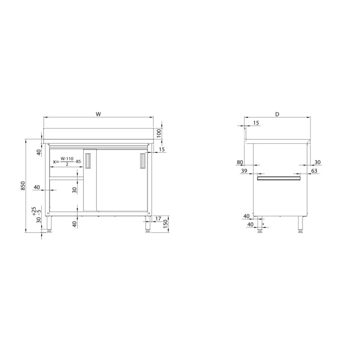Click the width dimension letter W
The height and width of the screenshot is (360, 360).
click(98, 114)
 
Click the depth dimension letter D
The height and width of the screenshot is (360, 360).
click(277, 114)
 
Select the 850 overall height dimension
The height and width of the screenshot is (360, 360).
click(23, 186)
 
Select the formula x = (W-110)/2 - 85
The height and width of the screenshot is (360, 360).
click(67, 162)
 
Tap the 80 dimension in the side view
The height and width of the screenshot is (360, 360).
click(240, 162)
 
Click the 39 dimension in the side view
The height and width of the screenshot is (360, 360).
click(244, 171)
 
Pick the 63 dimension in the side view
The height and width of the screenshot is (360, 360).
click(314, 171)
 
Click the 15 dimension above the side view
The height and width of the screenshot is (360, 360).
click(256, 123)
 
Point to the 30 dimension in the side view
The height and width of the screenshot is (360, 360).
click(318, 162)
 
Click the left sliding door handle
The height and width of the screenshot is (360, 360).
click(88, 160)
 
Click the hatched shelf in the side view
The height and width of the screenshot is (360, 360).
click(279, 177)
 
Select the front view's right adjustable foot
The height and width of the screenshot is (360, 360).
click(148, 225)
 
